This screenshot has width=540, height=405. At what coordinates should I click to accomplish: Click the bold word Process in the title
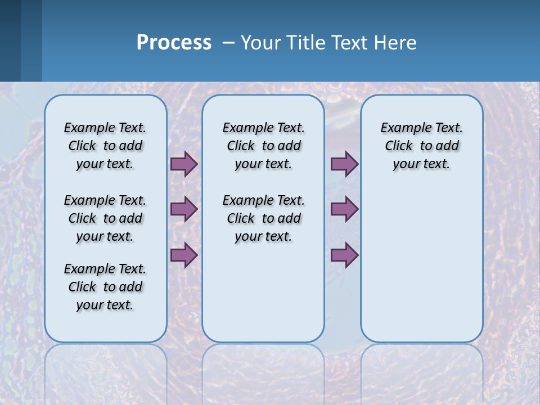click(x=174, y=43)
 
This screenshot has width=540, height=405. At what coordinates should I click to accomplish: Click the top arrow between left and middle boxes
click(x=184, y=164)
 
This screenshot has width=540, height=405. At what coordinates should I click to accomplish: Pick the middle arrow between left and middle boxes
click(x=184, y=209)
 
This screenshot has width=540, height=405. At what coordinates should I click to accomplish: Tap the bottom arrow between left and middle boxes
click(x=184, y=255)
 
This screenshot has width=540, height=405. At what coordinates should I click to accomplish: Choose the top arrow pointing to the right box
click(x=344, y=164)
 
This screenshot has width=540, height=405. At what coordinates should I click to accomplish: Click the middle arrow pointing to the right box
click(x=344, y=209)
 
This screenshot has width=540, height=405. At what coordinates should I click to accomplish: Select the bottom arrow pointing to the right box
click(x=344, y=255)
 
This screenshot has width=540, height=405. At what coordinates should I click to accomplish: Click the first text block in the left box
click(x=105, y=146)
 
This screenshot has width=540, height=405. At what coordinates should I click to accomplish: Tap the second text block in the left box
click(x=105, y=218)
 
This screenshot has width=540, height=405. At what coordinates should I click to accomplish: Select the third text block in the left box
click(x=105, y=287)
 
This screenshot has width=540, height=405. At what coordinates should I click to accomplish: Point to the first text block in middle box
click(x=263, y=146)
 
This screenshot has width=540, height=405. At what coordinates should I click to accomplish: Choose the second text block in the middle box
click(x=263, y=218)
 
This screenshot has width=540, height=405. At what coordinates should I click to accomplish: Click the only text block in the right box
click(x=421, y=146)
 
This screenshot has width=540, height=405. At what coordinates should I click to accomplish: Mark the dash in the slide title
click(x=228, y=43)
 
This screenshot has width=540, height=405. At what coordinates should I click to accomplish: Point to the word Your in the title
click(x=260, y=43)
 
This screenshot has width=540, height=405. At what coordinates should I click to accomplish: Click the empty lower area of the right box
click(x=421, y=264)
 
